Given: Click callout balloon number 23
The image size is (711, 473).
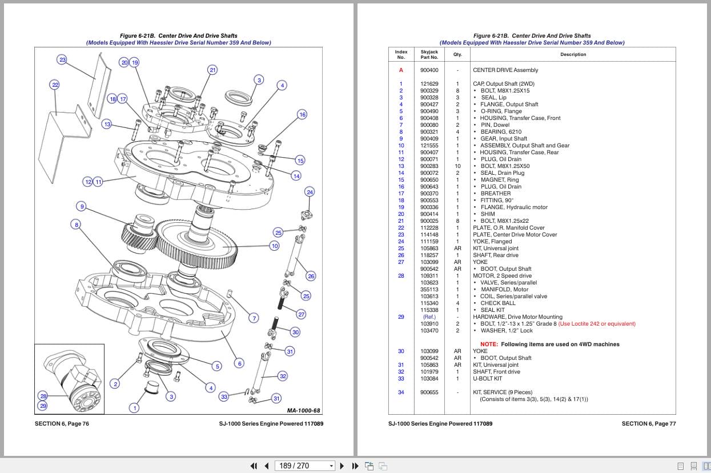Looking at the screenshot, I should [x=62, y=59].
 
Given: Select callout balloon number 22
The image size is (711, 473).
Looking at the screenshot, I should [x=55, y=85].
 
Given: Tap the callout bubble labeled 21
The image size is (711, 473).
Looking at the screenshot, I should [x=212, y=70].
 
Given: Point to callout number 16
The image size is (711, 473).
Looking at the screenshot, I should [x=302, y=114].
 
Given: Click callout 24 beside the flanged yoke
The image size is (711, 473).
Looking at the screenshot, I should [x=310, y=192].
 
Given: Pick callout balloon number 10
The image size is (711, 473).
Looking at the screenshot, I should [x=275, y=246].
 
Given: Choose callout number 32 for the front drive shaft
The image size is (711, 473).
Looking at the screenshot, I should [x=283, y=375].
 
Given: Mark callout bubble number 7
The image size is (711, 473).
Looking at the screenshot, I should [x=254, y=318].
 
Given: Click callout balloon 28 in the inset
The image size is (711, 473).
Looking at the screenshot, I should [x=43, y=396].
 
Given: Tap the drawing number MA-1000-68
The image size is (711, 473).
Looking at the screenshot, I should [x=304, y=410].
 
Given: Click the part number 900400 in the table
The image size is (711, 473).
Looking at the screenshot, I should [x=429, y=70].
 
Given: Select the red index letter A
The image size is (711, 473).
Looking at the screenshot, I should [x=401, y=70].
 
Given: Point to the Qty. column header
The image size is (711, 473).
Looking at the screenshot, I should [x=457, y=54].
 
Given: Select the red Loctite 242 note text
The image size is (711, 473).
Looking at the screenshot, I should [x=597, y=324].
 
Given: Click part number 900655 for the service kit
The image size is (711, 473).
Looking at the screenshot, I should [x=429, y=392].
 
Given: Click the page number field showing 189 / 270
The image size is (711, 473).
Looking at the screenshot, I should [x=303, y=466].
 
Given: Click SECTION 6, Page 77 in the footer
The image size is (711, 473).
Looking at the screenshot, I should [x=648, y=423].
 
